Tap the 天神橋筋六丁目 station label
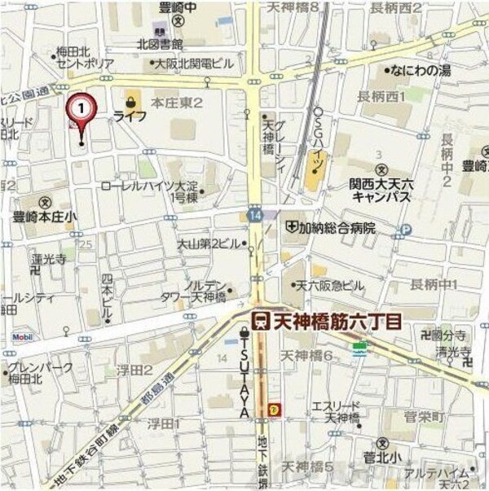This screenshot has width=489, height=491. [337, 320]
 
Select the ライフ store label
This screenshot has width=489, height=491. [130, 116]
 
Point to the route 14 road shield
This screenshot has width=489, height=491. [256, 214]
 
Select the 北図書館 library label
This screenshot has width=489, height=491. [159, 43]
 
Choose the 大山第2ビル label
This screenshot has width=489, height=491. [209, 243]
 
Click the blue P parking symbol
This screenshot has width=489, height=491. [405, 230]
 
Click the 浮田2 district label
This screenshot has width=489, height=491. [134, 371]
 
